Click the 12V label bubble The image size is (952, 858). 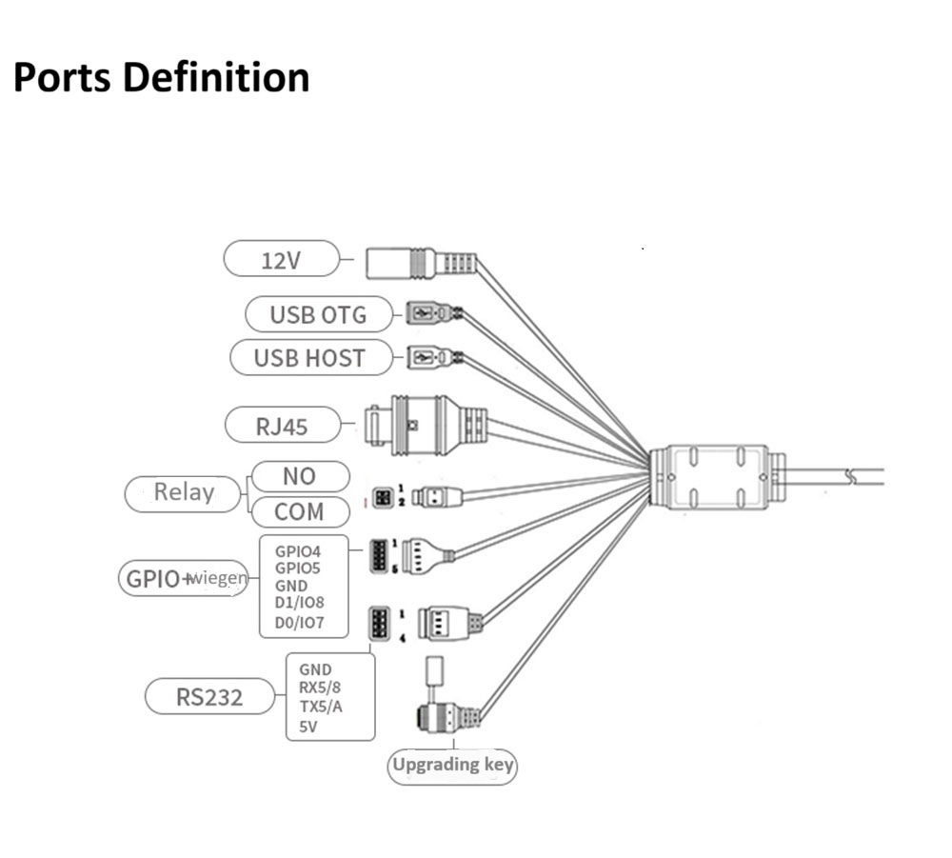pos(281,259)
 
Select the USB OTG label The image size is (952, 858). pos(318,314)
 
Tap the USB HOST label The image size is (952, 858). pos(309,358)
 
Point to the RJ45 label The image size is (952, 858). pos(282,426)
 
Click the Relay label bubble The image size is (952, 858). pos(184,492)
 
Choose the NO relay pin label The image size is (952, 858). pos(299,475)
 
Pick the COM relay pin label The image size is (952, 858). pos(299,511)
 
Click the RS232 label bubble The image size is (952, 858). pos(209,697)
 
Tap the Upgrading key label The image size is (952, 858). pos(452,764)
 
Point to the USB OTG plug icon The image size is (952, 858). pos(427,312)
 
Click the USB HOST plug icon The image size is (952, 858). pos(427,358)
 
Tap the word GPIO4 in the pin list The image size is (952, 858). pos(298,550)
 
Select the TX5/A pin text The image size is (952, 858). pos(321,707)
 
